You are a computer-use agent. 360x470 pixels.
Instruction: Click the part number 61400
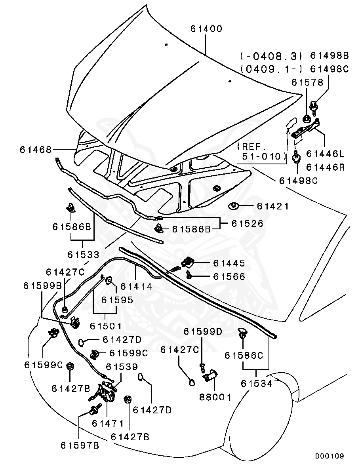[x=206, y=29]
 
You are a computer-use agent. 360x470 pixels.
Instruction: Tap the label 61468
[x=36, y=150]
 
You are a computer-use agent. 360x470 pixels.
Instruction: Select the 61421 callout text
[x=273, y=206]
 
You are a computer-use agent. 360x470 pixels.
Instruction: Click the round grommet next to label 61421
[x=233, y=206]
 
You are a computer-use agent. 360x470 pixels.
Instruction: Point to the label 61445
[x=229, y=263]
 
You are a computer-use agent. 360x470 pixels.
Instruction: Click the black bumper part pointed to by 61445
[x=188, y=261]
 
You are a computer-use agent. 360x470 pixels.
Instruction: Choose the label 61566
[x=229, y=276]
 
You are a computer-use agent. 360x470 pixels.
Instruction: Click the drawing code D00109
[x=330, y=456]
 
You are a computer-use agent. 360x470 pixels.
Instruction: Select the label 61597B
[x=80, y=445]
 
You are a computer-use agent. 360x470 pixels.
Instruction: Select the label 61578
[x=307, y=82]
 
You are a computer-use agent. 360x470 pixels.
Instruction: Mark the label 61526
[x=247, y=224]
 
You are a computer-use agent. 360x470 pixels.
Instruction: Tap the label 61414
[x=136, y=286]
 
